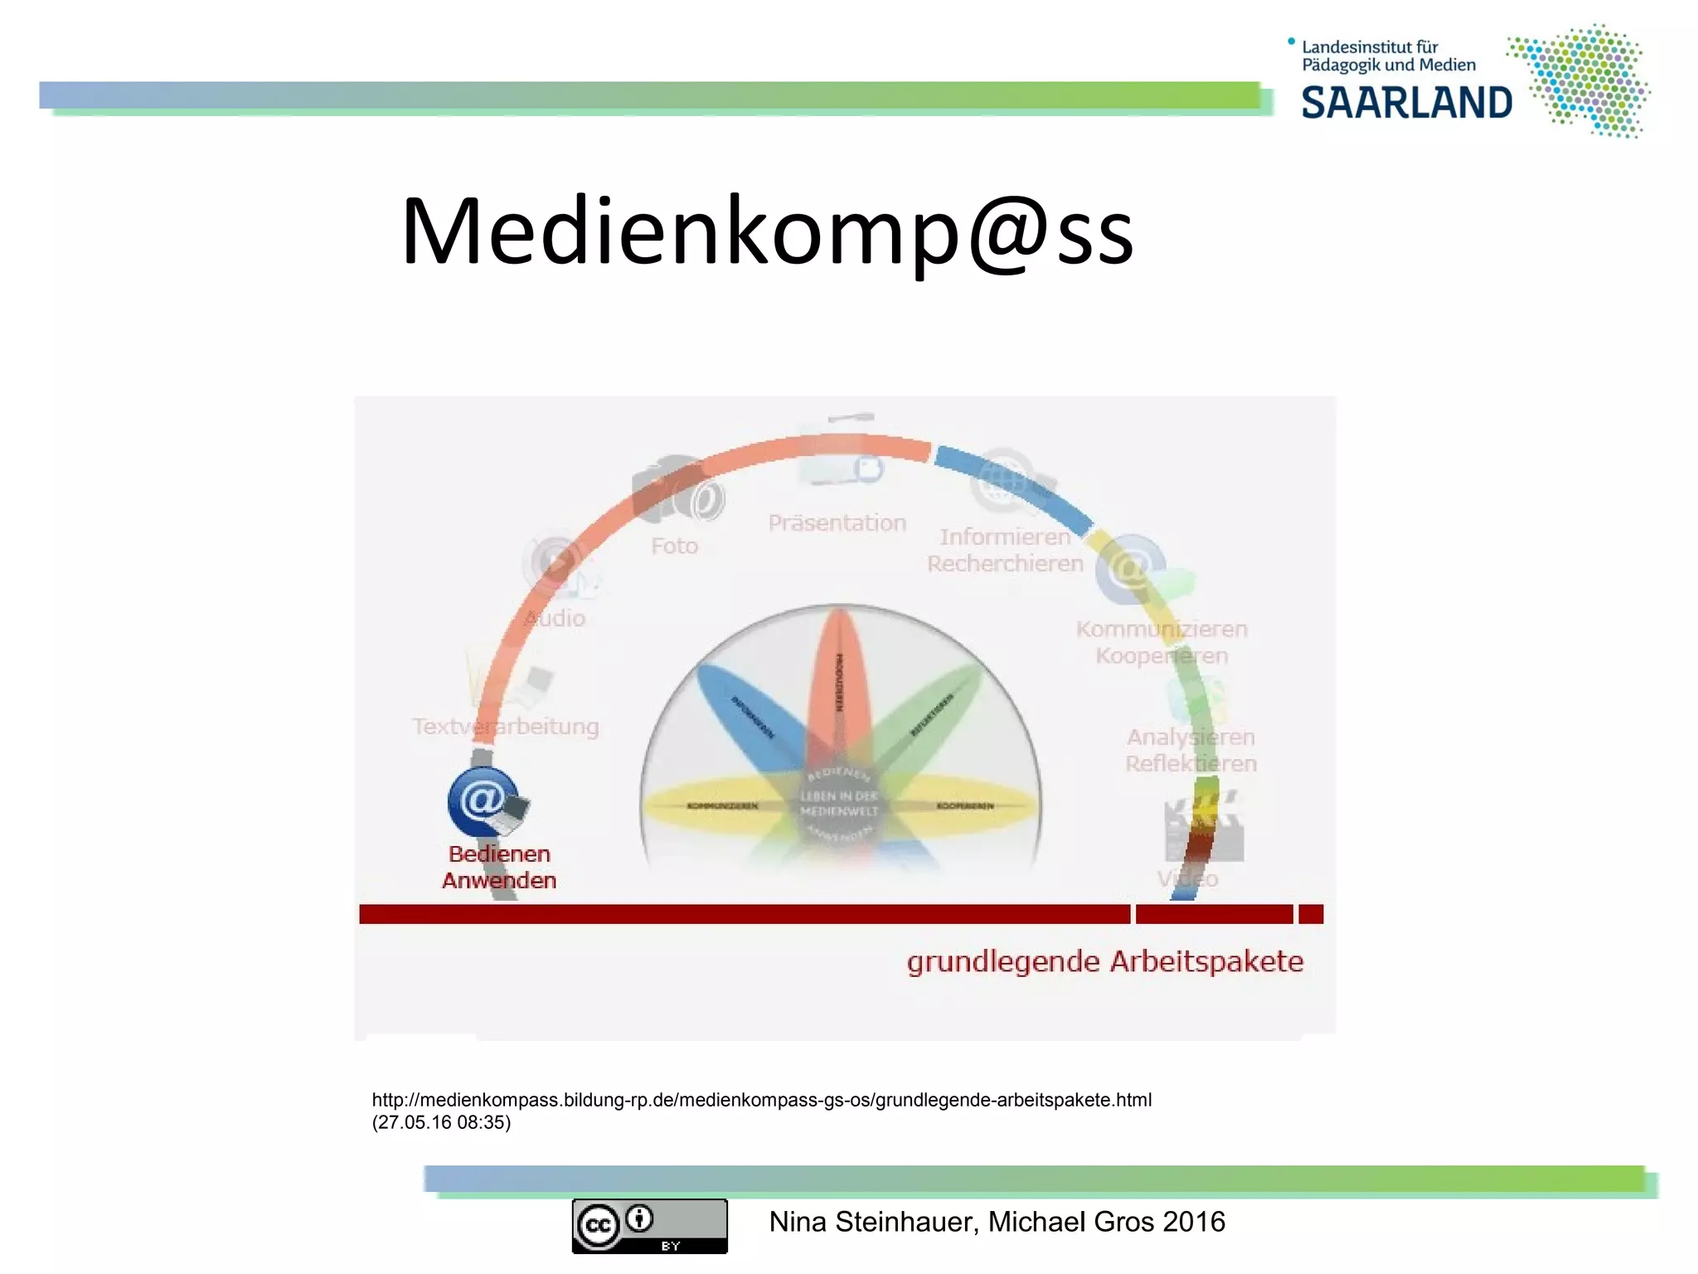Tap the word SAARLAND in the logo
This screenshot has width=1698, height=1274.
(1406, 104)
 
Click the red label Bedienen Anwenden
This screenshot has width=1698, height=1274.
(499, 867)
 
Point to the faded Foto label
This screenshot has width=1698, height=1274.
(674, 546)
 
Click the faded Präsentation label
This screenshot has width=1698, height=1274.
(837, 523)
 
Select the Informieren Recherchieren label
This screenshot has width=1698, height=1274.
(1005, 550)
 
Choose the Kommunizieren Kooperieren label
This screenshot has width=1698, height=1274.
(1162, 642)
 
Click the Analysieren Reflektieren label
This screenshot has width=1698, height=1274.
(1191, 750)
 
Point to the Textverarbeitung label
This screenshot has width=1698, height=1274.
(506, 727)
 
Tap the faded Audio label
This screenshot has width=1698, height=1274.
(555, 618)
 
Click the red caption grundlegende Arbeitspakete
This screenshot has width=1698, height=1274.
(1104, 961)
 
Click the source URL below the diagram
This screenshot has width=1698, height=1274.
(761, 1100)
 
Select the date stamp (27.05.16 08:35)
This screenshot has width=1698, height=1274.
(441, 1122)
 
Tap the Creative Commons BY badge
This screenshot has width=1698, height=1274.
(649, 1225)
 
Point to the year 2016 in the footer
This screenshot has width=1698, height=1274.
(1193, 1222)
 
